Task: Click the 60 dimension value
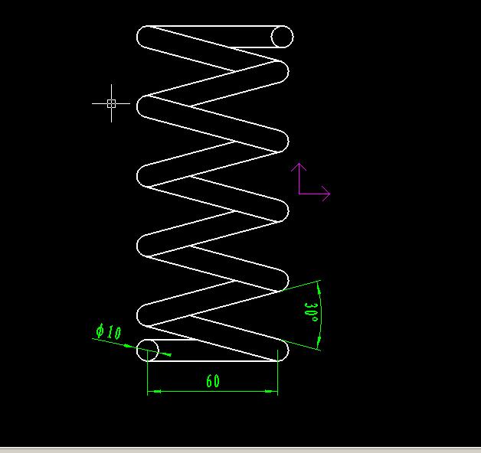click(213, 381)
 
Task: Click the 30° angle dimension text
click(312, 312)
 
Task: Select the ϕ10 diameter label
click(109, 331)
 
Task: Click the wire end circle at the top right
click(282, 37)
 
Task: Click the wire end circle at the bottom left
click(148, 350)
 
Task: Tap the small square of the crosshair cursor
click(111, 103)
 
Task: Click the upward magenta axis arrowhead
click(299, 167)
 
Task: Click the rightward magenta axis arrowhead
click(326, 194)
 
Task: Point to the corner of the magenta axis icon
click(299, 194)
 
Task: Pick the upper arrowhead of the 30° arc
click(319, 289)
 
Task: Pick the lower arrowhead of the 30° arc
click(319, 341)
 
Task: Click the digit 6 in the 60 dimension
click(209, 381)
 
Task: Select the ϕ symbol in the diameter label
click(100, 331)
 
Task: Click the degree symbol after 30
click(314, 319)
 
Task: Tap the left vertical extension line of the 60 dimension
click(148, 373)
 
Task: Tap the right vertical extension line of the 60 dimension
click(277, 373)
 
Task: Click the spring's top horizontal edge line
click(214, 26)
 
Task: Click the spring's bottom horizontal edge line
click(213, 361)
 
